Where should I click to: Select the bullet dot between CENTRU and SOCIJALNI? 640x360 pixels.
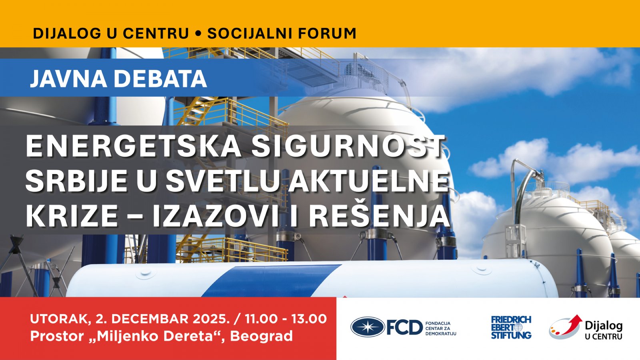(x=198, y=34)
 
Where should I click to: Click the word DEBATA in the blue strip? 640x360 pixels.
(x=160, y=78)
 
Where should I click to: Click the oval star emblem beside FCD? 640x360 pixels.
(x=368, y=327)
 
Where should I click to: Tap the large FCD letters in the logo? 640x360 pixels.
(x=404, y=327)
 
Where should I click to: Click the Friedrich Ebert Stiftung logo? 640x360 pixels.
(x=511, y=327)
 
